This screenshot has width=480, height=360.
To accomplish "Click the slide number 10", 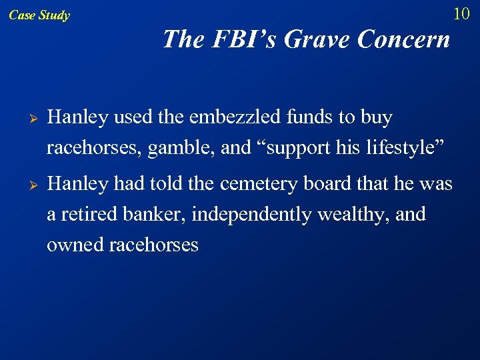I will (461, 13).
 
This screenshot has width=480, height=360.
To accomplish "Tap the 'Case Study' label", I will (39, 15).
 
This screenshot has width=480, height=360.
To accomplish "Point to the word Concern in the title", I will (403, 39).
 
